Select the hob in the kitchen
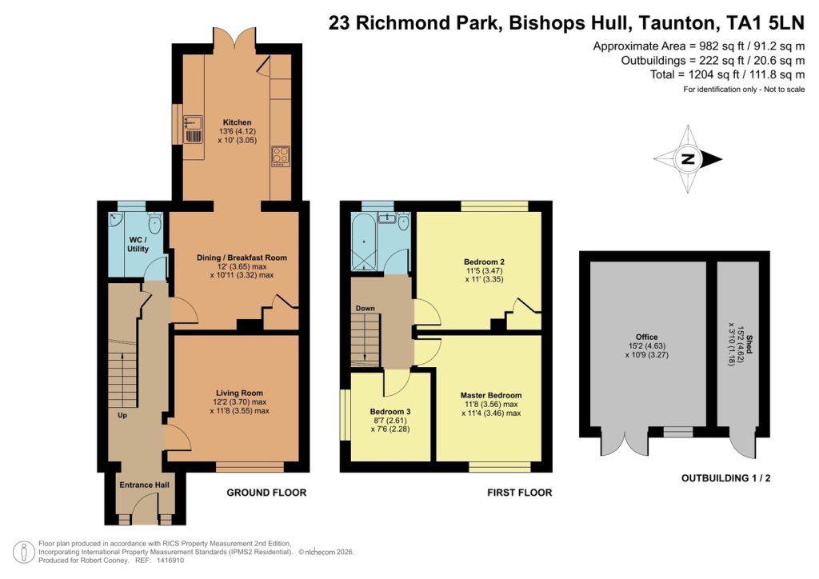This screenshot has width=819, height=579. coord(281,155)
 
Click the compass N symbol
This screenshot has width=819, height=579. coord(686,160)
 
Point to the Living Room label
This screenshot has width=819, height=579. coord(239,393)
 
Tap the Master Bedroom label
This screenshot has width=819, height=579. coord(490,395)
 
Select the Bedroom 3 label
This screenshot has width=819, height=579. coord(390,411)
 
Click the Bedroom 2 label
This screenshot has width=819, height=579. coord(484,262)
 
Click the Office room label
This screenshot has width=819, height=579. coord(647,337)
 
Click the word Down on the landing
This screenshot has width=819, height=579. coord(366,308)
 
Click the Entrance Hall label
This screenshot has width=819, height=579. coord(145,485)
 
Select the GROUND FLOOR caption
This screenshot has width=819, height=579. coord(266,493)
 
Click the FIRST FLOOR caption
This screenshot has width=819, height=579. coord(519,493)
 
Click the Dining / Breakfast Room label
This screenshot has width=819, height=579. coord(242,258)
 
